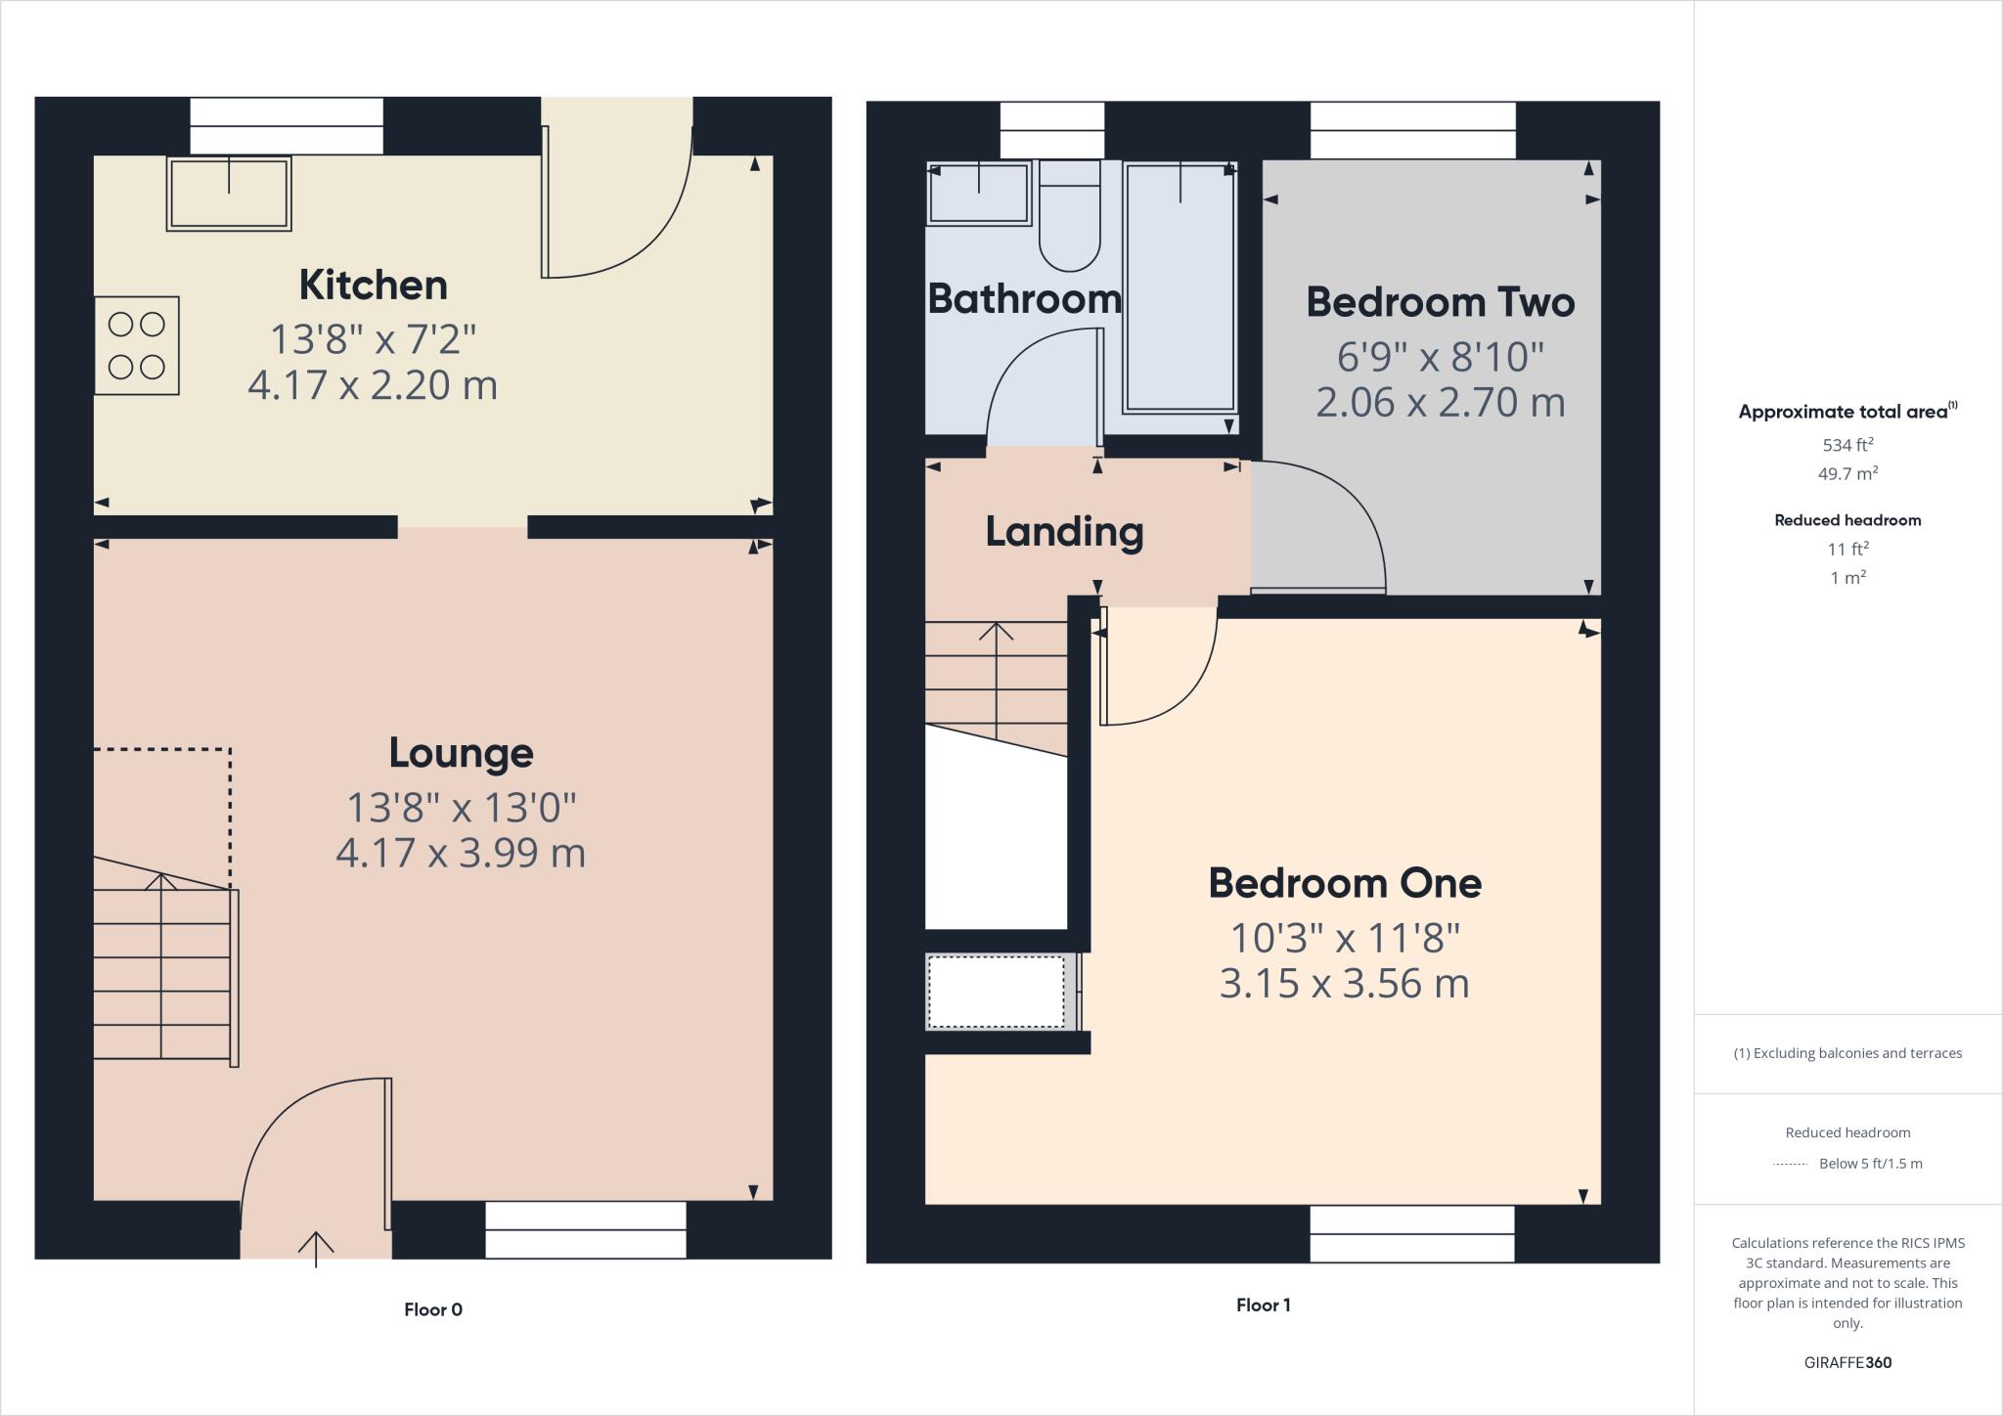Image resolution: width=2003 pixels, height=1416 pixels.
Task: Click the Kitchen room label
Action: tap(373, 285)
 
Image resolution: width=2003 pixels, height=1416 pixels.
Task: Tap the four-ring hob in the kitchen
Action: tap(137, 345)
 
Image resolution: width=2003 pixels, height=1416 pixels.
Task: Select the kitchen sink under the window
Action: tap(229, 194)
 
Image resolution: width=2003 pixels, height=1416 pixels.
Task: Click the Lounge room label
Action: tap(461, 752)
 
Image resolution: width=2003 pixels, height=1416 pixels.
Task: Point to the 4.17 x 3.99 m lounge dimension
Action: tap(461, 853)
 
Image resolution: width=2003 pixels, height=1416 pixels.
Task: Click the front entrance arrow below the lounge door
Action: tap(316, 1248)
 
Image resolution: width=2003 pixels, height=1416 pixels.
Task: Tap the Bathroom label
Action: tap(1024, 298)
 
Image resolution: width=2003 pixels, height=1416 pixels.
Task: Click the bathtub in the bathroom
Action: tap(1179, 288)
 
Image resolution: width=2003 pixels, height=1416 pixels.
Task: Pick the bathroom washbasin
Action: tap(978, 193)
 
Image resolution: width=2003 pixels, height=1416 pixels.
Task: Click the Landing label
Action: tap(1064, 531)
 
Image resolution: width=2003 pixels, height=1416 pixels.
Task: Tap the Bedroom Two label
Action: tap(1440, 302)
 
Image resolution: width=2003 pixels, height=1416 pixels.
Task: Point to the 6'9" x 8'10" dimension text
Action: tap(1440, 357)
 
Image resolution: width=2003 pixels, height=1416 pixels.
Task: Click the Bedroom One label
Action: tap(1345, 883)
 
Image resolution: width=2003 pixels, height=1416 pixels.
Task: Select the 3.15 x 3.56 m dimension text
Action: tap(1345, 983)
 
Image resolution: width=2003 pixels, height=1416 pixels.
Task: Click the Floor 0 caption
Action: tap(433, 1309)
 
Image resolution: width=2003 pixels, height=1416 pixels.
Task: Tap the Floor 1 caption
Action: tap(1263, 1305)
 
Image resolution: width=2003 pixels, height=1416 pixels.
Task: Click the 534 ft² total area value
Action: tap(1847, 445)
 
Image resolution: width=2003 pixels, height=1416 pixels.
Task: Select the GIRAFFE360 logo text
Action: tap(1847, 1362)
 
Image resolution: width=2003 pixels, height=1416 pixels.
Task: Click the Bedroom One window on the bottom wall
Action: tap(1411, 1234)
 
